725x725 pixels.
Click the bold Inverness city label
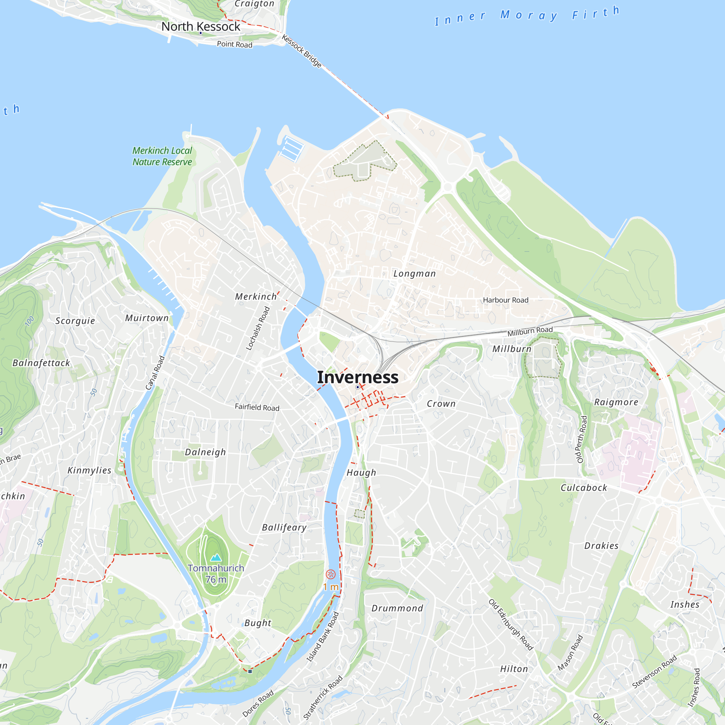pos(358,377)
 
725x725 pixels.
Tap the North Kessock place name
pos(200,26)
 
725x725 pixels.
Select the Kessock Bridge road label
pos(302,51)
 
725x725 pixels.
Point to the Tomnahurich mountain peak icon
pos(216,557)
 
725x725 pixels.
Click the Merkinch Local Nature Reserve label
pos(162,156)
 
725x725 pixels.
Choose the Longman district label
pos(414,274)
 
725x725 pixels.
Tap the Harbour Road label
pos(505,300)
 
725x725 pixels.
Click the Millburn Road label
pos(530,331)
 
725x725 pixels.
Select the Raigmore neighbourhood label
pos(616,402)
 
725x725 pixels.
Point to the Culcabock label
pos(584,488)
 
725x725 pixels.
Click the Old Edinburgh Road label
pos(511,625)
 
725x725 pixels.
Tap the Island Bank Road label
pos(322,637)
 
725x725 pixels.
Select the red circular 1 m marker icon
pos(331,574)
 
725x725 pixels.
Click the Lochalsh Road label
pos(258,328)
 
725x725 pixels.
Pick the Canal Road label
pos(155,373)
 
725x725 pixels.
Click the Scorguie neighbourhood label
pos(75,321)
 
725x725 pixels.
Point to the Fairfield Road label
pos(257,407)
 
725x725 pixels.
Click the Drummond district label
pos(397,608)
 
